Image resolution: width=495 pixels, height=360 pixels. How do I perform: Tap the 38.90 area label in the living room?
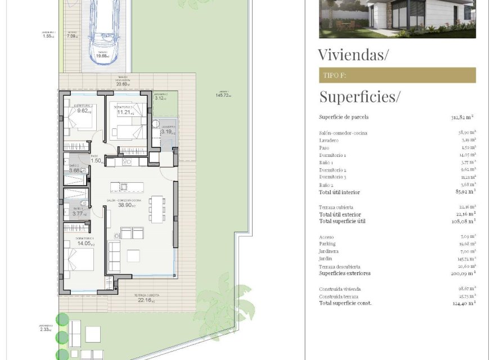pos(125,205)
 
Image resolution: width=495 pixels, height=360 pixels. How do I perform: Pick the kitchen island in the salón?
pos(127,187)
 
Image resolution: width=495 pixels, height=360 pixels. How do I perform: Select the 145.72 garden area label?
pos(224,95)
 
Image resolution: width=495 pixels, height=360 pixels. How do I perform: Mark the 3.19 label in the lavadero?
pos(168,132)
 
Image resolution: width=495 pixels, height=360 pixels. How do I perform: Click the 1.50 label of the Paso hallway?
pos(95,160)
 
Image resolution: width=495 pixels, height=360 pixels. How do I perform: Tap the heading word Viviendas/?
pos(353,55)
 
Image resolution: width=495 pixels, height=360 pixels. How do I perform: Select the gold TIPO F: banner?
pos(397,75)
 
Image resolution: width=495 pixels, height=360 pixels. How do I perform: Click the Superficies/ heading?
pos(359,97)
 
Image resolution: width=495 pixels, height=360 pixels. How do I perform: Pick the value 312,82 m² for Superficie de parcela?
pos(462,117)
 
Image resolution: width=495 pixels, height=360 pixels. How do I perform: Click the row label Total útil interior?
pos(339,192)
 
